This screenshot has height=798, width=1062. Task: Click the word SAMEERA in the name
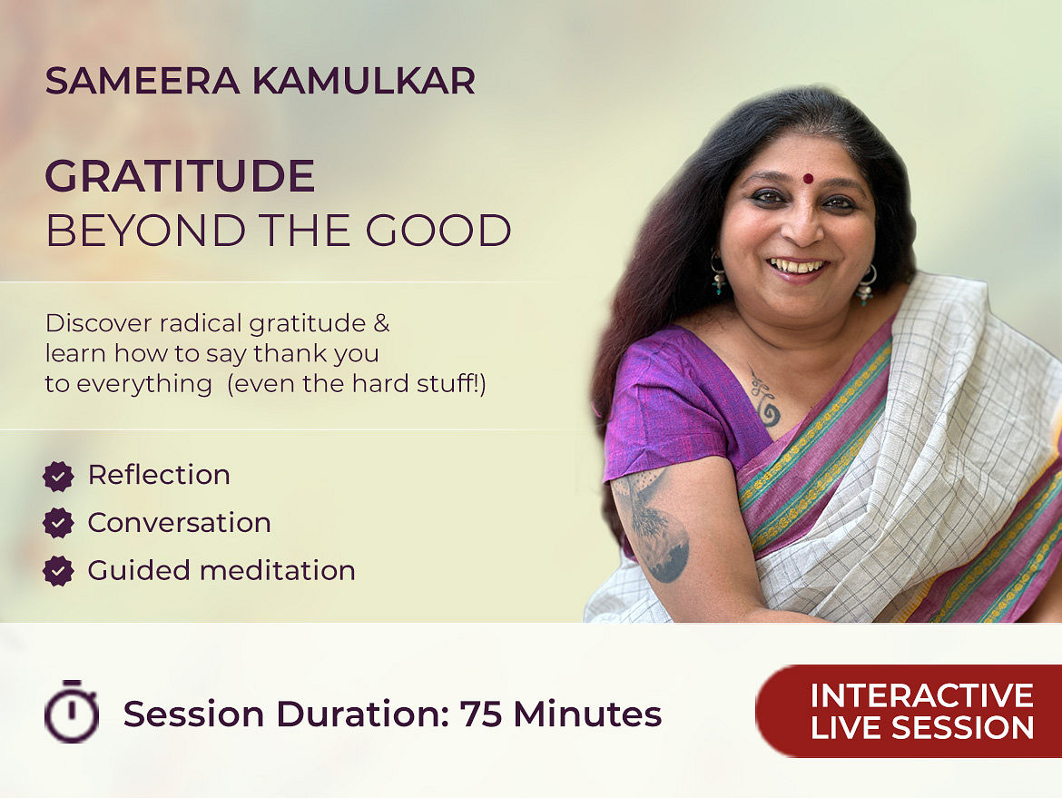[143, 82]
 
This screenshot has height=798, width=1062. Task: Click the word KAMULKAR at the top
[364, 82]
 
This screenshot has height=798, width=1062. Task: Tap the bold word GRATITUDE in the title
[180, 176]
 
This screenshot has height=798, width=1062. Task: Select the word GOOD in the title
[438, 231]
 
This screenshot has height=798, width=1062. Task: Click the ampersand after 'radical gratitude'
[382, 323]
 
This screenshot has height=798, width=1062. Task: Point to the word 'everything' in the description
[145, 384]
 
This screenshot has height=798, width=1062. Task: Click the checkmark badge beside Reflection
[58, 477]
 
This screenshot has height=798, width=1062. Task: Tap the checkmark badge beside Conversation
[58, 524]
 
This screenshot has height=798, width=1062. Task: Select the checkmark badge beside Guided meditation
[58, 571]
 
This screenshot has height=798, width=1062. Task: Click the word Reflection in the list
[159, 475]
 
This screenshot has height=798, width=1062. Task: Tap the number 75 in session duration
[481, 714]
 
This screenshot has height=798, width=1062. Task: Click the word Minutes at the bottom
[587, 714]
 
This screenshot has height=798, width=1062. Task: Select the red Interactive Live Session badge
[909, 711]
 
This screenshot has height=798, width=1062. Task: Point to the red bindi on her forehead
[807, 179]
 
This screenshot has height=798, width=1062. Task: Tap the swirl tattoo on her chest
[765, 399]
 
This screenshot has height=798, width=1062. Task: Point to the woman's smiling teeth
[797, 266]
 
